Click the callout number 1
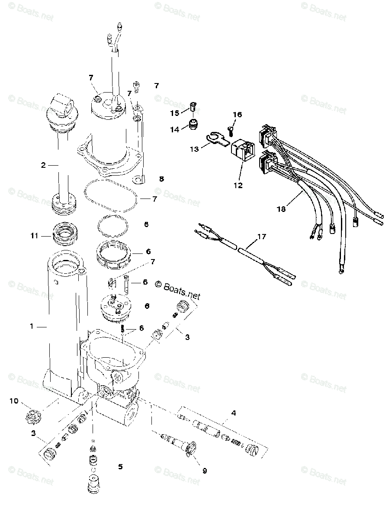31,327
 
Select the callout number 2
43,165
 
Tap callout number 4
233,413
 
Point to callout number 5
120,467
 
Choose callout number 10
15,401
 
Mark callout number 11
35,236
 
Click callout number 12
238,186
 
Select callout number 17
261,237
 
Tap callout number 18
281,209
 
